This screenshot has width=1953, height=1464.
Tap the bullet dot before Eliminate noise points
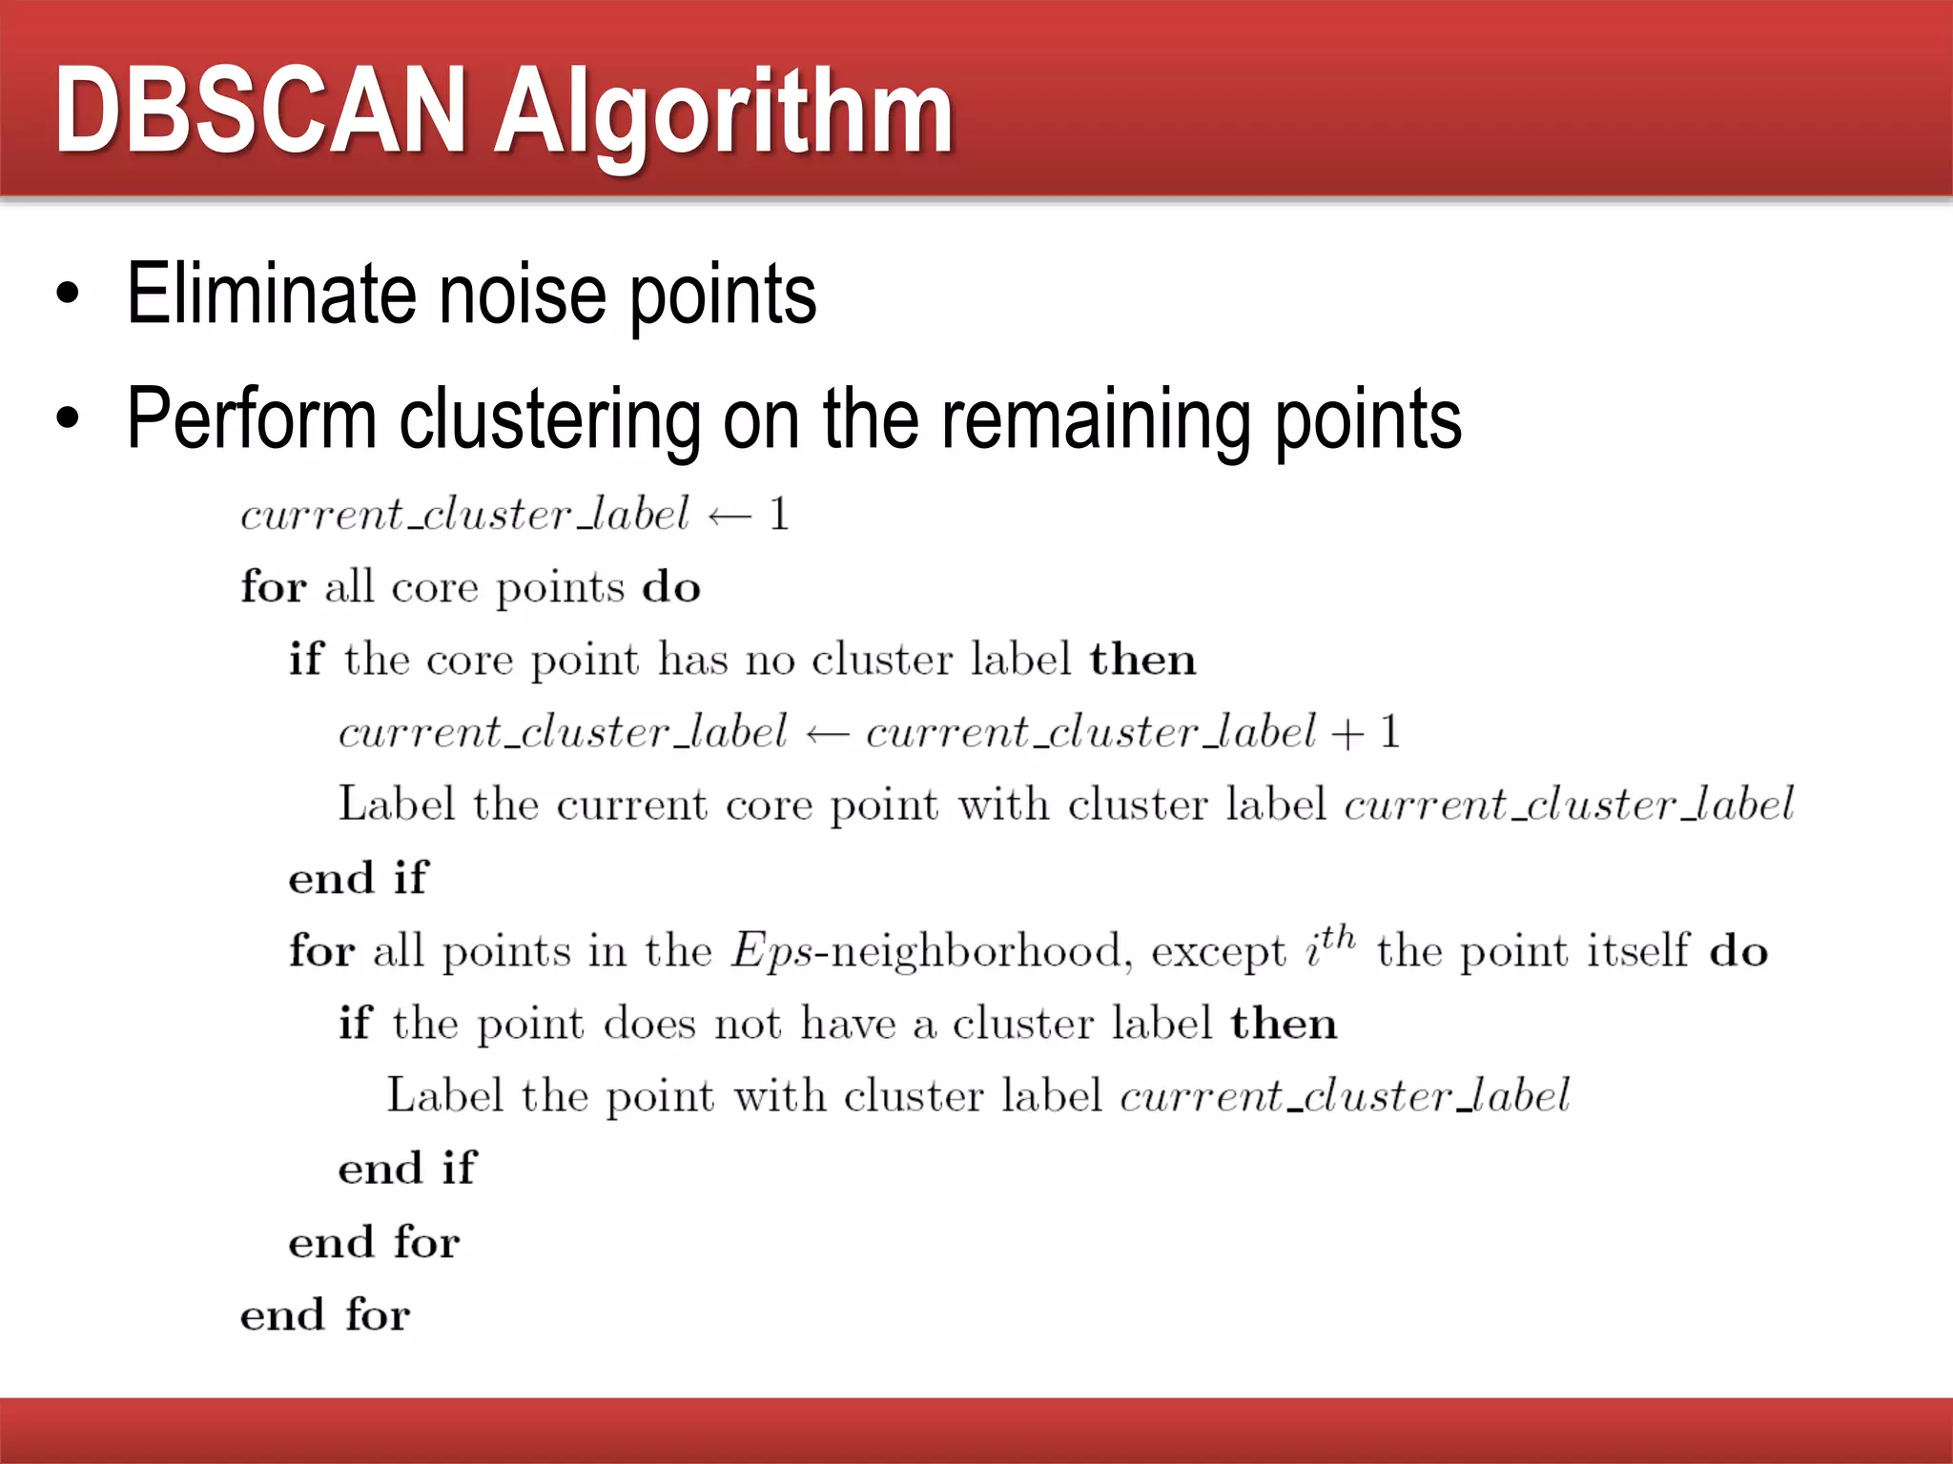[67, 295]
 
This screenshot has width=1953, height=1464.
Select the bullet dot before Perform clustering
[67, 418]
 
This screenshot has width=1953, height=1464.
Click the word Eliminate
[270, 294]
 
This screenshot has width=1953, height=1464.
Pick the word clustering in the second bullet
[549, 419]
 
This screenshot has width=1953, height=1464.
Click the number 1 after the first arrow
[779, 515]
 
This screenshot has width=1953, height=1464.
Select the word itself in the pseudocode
[1636, 950]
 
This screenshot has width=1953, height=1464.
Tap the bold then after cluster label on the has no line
[1142, 659]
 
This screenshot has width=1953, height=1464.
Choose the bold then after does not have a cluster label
[1284, 1024]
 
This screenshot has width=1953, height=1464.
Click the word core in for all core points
[434, 588]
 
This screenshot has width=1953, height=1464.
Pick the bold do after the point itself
[1738, 951]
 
